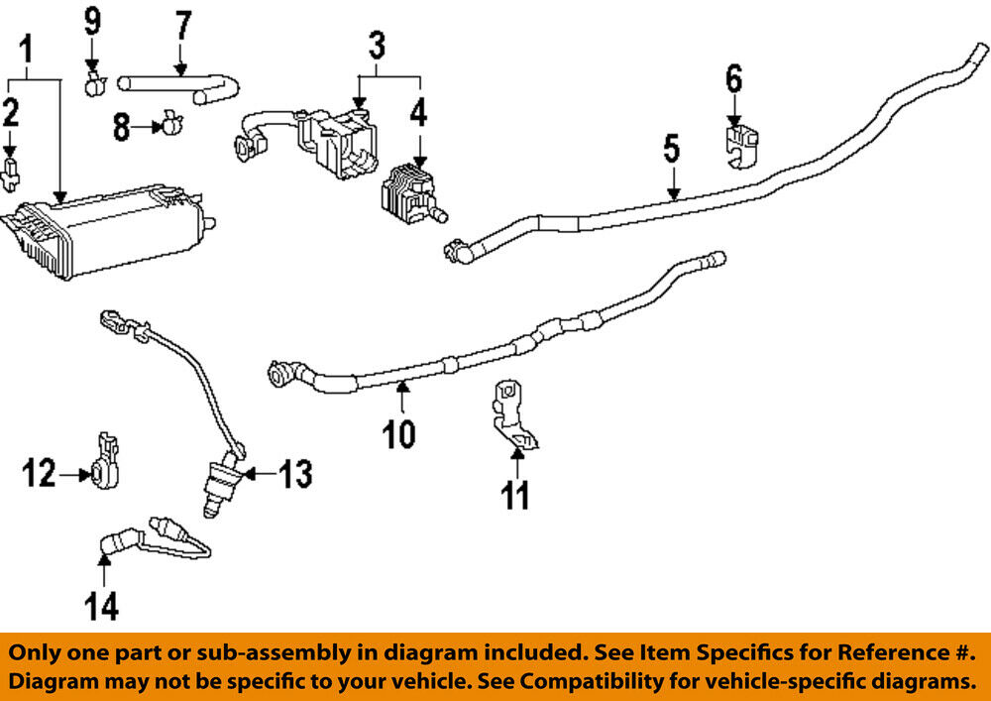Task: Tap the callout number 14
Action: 102,605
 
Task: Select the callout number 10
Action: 401,433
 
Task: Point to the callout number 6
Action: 733,78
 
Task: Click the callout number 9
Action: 92,17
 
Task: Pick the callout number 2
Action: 10,113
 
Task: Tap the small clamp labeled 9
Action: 94,83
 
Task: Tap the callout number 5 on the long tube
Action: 671,151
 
